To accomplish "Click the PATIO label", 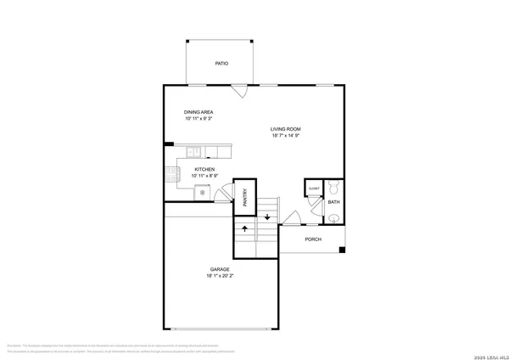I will coord(221,64).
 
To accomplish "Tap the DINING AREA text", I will coord(198,112).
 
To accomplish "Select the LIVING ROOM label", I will coord(286,129).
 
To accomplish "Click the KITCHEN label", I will coord(204,169).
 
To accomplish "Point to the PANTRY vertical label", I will coord(244,198).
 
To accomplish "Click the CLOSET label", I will coord(313,188).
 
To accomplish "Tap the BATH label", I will coord(333,202).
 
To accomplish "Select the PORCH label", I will coord(313,239).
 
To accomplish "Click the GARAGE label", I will coord(221,269).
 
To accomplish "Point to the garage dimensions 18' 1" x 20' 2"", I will coord(221,276).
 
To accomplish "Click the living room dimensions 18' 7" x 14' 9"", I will coord(286,136).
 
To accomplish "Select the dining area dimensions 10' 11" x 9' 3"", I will coord(198,119).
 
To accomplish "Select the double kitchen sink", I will coord(194,152).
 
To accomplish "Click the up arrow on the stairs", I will coord(244,228).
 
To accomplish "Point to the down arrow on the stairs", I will coord(267,217).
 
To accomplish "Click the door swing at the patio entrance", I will coord(241,89).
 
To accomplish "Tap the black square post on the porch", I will coord(341,250).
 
